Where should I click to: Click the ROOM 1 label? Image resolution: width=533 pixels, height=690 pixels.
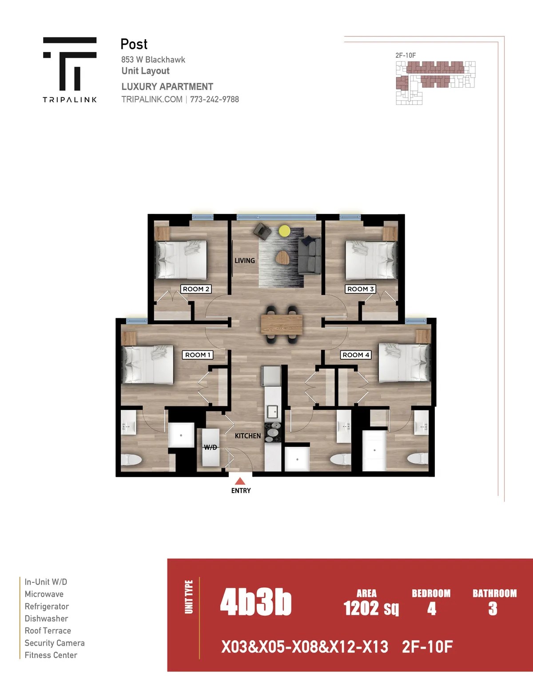[x=198, y=355]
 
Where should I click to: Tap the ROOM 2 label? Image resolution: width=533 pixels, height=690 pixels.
[x=196, y=289]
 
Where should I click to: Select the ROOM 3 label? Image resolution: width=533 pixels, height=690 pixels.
[x=360, y=289]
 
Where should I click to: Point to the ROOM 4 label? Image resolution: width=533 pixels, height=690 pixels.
[x=356, y=355]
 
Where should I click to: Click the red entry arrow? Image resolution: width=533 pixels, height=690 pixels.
[x=240, y=481]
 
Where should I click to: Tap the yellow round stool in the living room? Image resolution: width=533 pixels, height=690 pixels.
[x=284, y=230]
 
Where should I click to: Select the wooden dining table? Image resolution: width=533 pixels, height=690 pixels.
[x=282, y=325]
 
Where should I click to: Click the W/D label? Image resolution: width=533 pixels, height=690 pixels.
[x=211, y=447]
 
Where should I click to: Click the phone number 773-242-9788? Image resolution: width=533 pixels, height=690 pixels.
[x=215, y=99]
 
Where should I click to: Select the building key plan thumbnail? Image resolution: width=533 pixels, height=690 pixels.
[x=435, y=83]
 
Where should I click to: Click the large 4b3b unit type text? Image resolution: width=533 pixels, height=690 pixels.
[x=256, y=602]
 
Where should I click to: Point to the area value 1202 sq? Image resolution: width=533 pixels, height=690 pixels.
[x=371, y=608]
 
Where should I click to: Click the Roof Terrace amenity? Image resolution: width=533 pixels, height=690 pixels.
[x=48, y=630]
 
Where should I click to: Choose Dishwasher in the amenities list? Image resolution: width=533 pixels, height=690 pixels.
[x=46, y=618]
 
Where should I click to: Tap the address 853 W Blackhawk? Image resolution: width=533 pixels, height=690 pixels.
[x=153, y=60]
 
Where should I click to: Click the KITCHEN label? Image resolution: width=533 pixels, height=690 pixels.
[x=248, y=436]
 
